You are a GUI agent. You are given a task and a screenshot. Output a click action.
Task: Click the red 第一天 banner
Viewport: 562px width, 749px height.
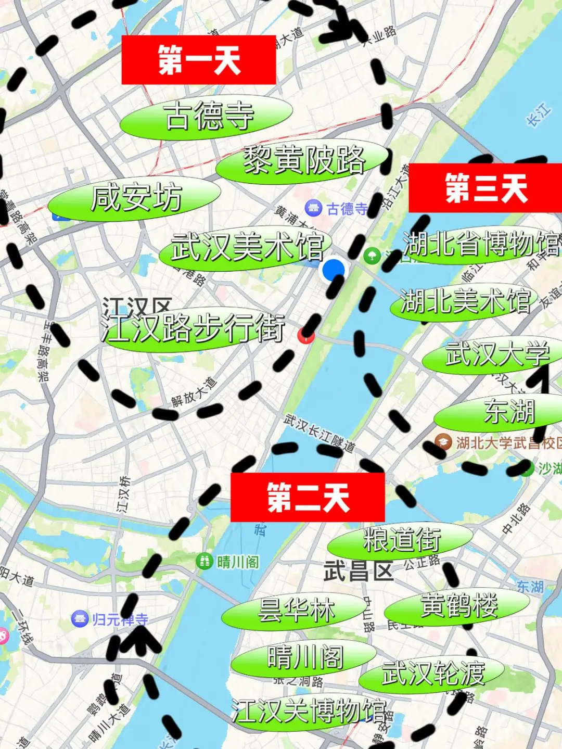(198, 60)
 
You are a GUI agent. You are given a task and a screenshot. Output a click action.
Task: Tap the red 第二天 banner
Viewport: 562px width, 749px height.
(308, 497)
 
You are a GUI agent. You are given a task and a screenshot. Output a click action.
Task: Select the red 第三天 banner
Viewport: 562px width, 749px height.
(485, 188)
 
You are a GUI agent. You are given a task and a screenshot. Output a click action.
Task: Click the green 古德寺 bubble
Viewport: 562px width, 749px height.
(207, 117)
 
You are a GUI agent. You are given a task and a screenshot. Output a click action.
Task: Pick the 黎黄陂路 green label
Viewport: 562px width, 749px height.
(303, 160)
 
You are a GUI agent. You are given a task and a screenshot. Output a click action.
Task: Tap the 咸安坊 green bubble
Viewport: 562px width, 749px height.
(135, 198)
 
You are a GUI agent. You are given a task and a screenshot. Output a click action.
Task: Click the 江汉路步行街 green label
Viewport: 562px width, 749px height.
(194, 329)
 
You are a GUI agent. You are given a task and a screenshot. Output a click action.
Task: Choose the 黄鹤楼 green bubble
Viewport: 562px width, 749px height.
(457, 606)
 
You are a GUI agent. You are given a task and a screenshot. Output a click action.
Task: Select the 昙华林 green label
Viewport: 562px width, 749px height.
(295, 611)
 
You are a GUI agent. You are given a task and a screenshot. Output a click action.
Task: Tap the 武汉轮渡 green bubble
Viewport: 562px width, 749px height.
(432, 674)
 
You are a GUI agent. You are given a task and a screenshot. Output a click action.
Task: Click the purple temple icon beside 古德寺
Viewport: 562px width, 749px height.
(313, 209)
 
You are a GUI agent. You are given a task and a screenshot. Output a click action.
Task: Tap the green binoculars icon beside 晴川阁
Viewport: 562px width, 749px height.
(205, 561)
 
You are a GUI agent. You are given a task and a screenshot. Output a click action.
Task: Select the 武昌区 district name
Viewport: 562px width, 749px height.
(358, 572)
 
